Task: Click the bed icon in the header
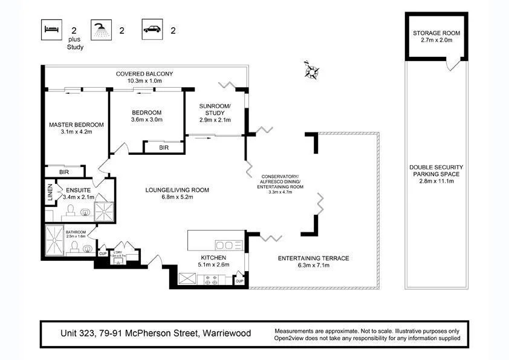coord(51,28)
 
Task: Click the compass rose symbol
coord(312,70)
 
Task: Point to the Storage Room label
coord(436,33)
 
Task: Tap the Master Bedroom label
coord(76,125)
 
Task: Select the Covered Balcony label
coord(144,74)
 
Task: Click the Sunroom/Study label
coord(212,109)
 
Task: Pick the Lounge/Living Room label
coord(177,190)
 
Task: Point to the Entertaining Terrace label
coord(313,258)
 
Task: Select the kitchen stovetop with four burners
coord(212,280)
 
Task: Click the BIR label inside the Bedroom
coord(163,148)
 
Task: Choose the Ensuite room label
coord(79,190)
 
